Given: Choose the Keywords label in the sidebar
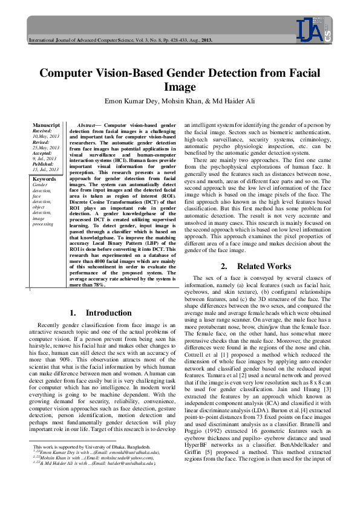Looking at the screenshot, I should tap(44, 163).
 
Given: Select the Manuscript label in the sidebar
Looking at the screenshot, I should tap(47, 124).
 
